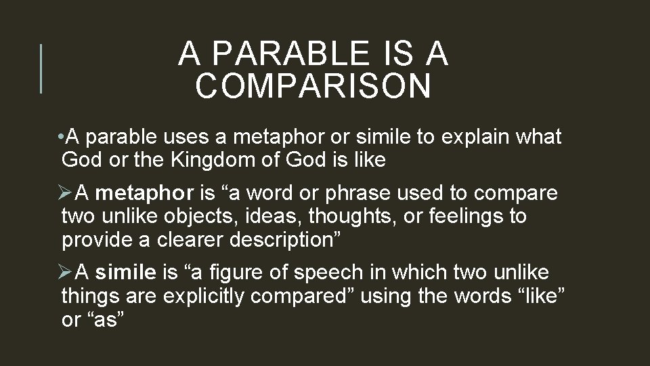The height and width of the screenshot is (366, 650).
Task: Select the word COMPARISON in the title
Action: pyautogui.click(x=313, y=86)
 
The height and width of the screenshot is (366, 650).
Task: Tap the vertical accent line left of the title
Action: pyautogui.click(x=41, y=68)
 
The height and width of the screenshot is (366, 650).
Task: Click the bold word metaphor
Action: pyautogui.click(x=144, y=194)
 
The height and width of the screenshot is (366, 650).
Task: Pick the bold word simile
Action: pyautogui.click(x=125, y=273)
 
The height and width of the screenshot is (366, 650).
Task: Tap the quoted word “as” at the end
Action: pyautogui.click(x=106, y=319)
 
